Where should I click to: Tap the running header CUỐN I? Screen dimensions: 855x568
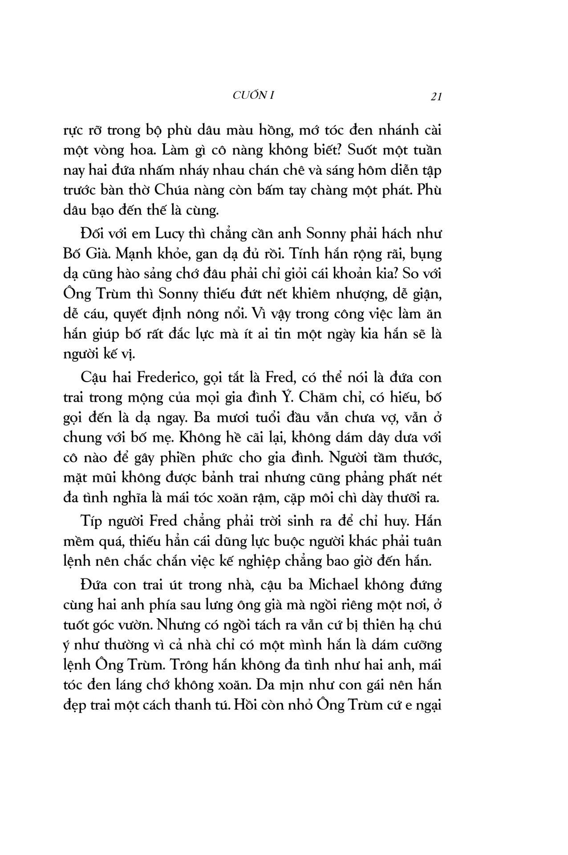point(253,95)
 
